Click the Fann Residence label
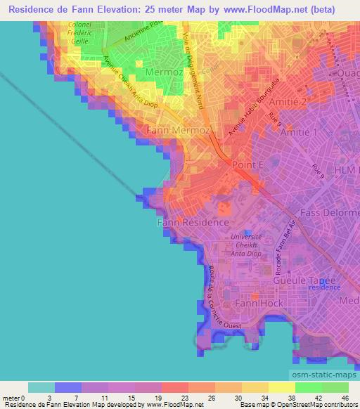tap(192, 222)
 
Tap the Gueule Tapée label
tap(313, 280)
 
